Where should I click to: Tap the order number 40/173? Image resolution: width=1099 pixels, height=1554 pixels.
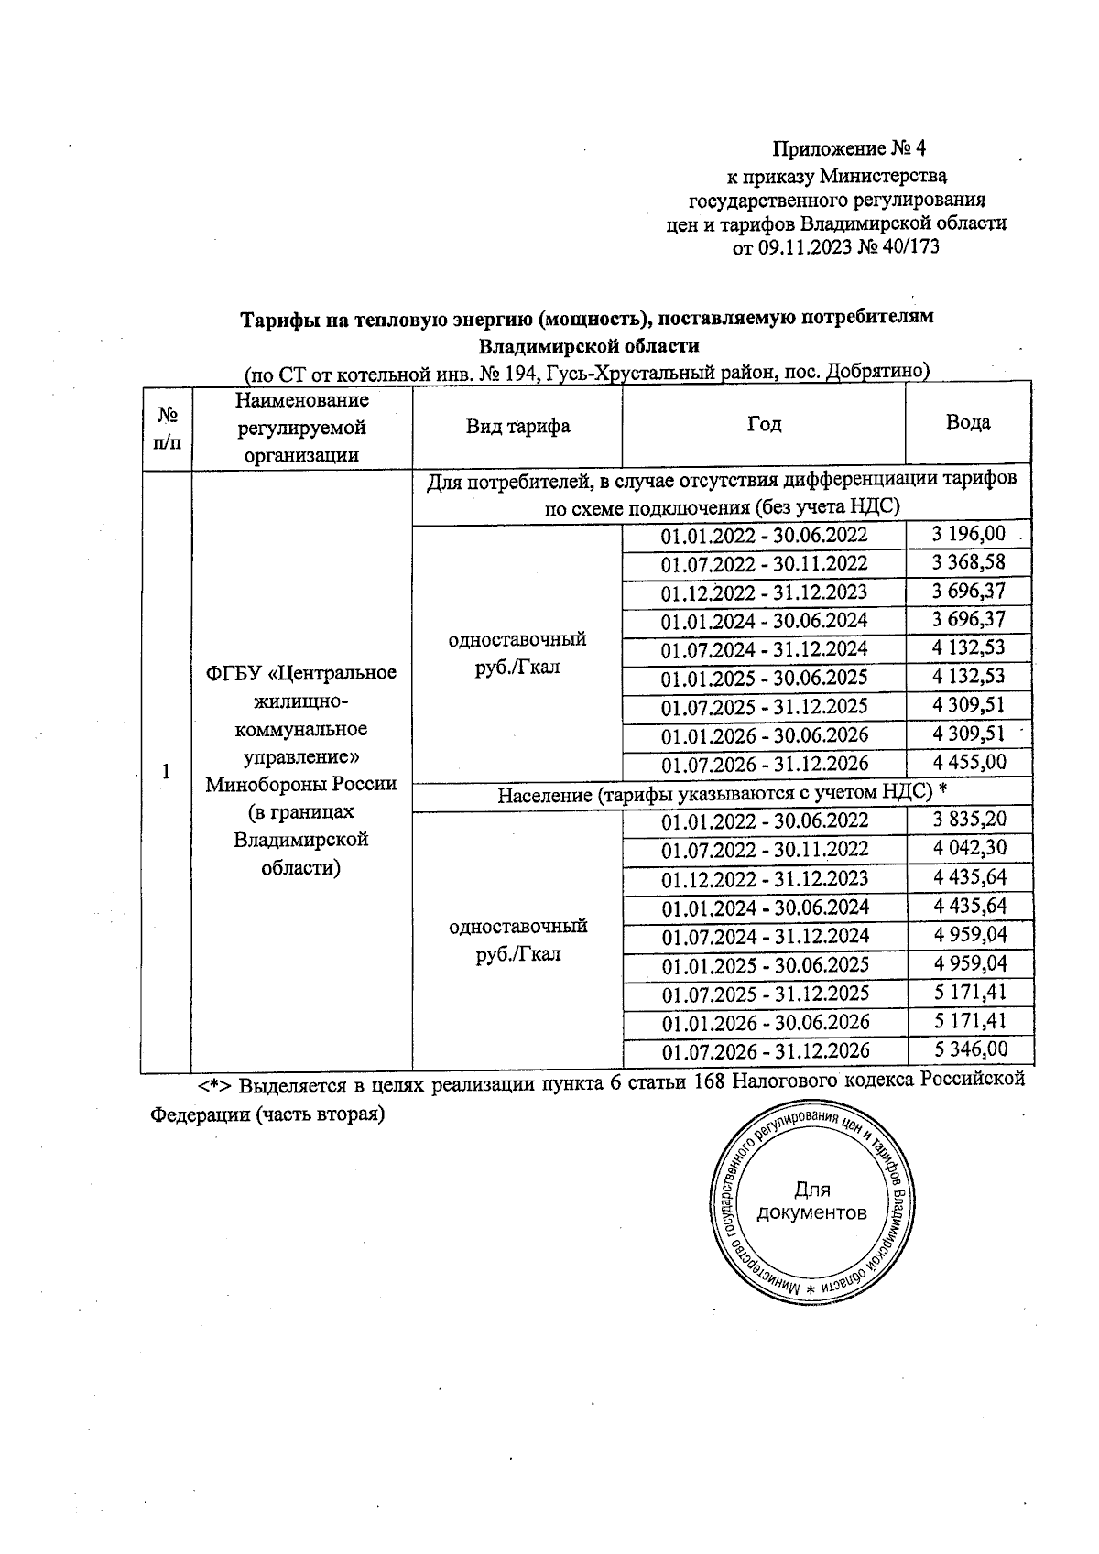click(909, 247)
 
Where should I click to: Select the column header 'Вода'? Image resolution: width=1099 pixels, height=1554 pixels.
click(967, 423)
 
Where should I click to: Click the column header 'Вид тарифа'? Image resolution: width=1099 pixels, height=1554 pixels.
click(517, 426)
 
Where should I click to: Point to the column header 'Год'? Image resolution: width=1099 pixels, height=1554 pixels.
click(764, 424)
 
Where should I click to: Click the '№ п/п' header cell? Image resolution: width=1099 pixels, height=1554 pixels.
click(166, 428)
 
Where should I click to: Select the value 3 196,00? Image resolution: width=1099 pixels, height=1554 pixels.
click(969, 534)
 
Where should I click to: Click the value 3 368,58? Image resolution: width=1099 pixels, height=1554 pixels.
click(969, 562)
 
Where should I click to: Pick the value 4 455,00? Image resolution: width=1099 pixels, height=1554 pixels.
click(969, 763)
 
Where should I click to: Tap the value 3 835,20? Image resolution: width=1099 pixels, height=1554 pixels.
click(969, 820)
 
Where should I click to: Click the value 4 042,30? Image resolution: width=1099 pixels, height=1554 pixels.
click(969, 848)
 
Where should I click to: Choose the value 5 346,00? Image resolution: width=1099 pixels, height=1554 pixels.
click(969, 1049)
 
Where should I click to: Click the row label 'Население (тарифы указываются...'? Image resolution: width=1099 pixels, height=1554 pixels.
click(721, 795)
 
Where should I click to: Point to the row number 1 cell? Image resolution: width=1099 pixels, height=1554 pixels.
click(166, 772)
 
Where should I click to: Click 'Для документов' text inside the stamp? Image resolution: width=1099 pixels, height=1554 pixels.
click(811, 1201)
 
